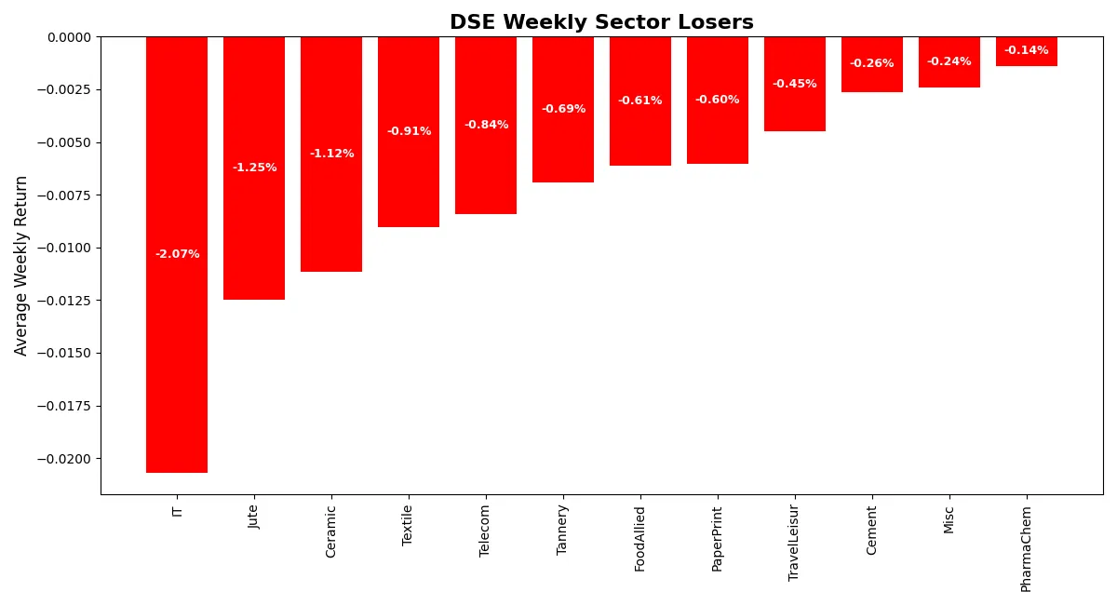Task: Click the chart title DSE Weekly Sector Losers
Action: point(601,22)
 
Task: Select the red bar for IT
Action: point(177,254)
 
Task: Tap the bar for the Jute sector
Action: point(254,168)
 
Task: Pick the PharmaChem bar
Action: point(1027,51)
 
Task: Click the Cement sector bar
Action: point(872,64)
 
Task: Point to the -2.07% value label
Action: point(178,254)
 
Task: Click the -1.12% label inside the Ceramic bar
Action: point(332,154)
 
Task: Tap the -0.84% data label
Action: point(487,124)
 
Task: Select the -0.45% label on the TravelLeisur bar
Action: point(795,83)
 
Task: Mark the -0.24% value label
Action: point(949,61)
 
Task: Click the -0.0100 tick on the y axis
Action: point(64,248)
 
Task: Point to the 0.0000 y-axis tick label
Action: point(69,37)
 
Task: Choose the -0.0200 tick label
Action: point(64,459)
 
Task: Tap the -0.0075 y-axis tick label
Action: point(64,195)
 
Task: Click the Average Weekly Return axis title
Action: point(20,266)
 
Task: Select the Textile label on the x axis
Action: point(407,526)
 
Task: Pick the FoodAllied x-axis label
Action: point(639,539)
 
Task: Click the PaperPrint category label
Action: point(717,539)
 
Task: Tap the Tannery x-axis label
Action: point(562,531)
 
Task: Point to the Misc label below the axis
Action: point(949,520)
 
